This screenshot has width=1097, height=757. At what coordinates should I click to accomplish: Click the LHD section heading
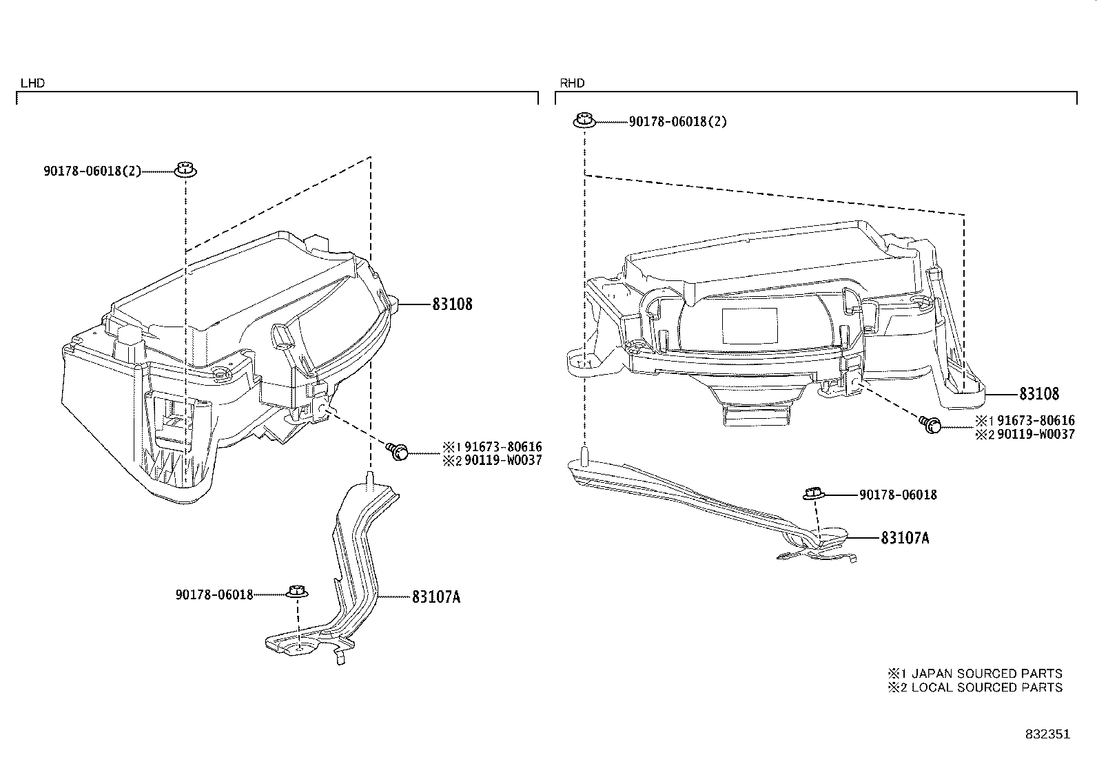pyautogui.click(x=32, y=83)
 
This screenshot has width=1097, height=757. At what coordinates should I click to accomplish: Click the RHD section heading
pyautogui.click(x=572, y=83)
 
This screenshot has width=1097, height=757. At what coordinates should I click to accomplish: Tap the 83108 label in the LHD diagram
pyautogui.click(x=452, y=304)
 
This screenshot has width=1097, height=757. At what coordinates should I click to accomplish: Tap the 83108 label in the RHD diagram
pyautogui.click(x=1039, y=394)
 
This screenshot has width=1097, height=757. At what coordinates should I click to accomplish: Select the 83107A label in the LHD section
pyautogui.click(x=436, y=597)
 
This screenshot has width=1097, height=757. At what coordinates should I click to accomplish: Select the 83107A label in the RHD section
pyautogui.click(x=904, y=537)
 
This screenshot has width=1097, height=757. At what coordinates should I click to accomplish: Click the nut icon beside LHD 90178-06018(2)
pyautogui.click(x=185, y=169)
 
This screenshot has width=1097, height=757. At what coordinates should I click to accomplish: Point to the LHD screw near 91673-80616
pyautogui.click(x=398, y=451)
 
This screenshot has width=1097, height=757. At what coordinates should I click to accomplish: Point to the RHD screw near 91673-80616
pyautogui.click(x=930, y=424)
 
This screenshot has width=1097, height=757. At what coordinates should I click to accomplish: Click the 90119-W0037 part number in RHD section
pyautogui.click(x=1034, y=435)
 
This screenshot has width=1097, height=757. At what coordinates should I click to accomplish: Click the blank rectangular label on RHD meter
pyautogui.click(x=748, y=326)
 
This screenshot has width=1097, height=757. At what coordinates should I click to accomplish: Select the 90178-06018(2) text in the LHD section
pyautogui.click(x=92, y=171)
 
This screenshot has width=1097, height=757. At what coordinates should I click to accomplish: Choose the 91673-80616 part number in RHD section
pyautogui.click(x=1034, y=421)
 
